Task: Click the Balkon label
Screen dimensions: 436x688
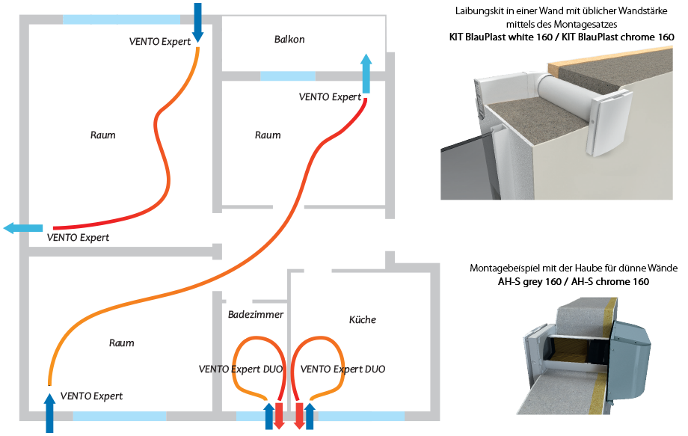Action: coord(289,39)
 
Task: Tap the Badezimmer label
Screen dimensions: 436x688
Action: coord(256,315)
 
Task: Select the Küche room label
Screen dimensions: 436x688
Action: coord(363,319)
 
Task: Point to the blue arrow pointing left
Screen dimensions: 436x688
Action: coord(22,228)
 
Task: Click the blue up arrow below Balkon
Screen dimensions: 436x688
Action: coord(366,73)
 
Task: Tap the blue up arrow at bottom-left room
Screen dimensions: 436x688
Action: coord(50,411)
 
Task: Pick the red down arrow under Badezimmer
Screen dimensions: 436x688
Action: coord(280,416)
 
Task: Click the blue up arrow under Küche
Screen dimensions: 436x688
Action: coord(310,416)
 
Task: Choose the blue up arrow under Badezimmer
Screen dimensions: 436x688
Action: coord(269,416)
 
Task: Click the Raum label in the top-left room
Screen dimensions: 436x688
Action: coord(102,135)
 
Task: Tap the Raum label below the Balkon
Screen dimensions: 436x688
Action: coord(268,135)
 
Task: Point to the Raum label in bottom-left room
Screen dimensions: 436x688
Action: coord(122,343)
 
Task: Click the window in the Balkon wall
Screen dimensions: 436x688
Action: coord(288,76)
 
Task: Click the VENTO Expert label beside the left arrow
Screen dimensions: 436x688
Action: coord(78,238)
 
